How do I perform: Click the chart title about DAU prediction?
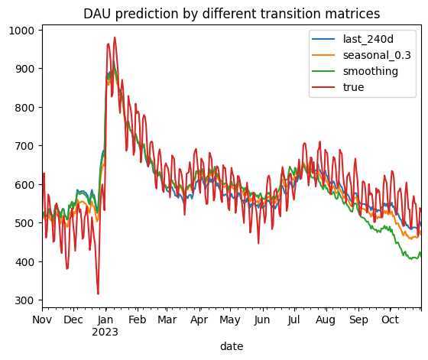[x=232, y=14]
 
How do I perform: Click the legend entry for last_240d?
[x=368, y=39]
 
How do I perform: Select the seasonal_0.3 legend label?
[x=377, y=55]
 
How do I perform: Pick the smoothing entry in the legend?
[x=371, y=72]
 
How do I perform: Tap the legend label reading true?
[x=353, y=87]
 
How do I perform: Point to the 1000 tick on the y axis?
[x=21, y=31]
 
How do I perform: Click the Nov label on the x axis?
[x=42, y=319]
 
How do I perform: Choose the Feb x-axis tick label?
[x=138, y=319]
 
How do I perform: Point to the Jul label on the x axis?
[x=293, y=319]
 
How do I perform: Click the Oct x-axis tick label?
[x=390, y=319]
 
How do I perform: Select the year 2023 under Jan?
[x=105, y=332]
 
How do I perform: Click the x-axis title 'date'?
[x=232, y=346]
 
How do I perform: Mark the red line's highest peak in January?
[x=115, y=37]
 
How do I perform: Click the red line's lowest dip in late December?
[x=98, y=294]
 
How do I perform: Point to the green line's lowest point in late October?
[x=412, y=259]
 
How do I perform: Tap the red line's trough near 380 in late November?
[x=67, y=269]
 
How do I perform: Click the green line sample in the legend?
[x=323, y=72]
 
